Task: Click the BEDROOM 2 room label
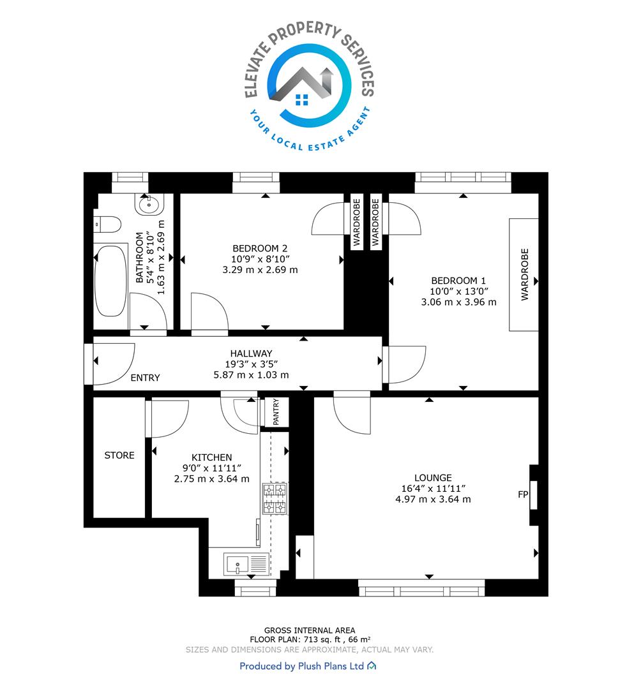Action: click(x=260, y=248)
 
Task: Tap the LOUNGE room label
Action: click(x=433, y=478)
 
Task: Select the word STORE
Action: click(x=119, y=456)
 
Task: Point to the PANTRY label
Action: click(x=276, y=411)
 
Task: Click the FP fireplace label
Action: click(x=523, y=494)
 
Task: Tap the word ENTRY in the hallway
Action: click(x=145, y=378)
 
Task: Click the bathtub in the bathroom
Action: click(x=111, y=280)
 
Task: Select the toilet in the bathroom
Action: click(x=107, y=224)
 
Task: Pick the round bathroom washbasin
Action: click(x=149, y=204)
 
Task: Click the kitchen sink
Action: click(x=246, y=564)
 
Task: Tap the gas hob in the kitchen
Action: click(x=275, y=498)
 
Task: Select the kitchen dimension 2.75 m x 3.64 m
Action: click(x=211, y=478)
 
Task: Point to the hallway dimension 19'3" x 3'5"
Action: click(x=251, y=364)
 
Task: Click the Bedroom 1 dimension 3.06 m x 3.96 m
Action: click(x=458, y=302)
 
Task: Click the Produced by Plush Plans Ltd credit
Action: click(x=308, y=665)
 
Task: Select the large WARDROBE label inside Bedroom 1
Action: click(x=525, y=274)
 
